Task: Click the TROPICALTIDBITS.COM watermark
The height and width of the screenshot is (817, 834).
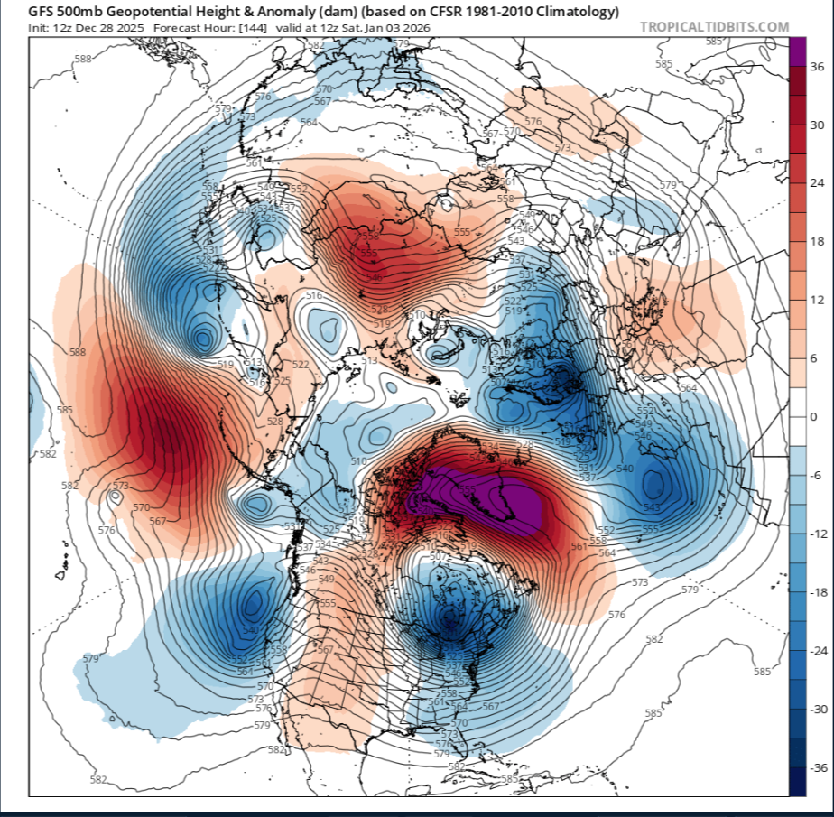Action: pos(714,26)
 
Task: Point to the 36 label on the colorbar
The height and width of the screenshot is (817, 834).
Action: pos(816,67)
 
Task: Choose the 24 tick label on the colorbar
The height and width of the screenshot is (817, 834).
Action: pos(816,183)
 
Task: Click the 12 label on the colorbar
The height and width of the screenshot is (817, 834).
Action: pos(816,300)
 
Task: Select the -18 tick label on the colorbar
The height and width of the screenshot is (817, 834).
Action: pos(818,592)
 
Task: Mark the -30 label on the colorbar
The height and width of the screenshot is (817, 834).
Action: pos(818,710)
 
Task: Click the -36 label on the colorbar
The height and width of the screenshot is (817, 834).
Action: pos(818,767)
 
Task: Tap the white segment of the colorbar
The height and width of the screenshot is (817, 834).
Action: pos(797,416)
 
